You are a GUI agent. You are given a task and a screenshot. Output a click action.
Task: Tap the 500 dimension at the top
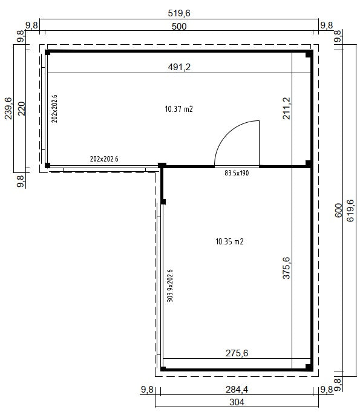[x=179, y=25]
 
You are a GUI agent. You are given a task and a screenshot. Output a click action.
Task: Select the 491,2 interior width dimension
[x=179, y=67]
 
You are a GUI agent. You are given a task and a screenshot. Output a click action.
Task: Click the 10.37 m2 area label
[x=178, y=109]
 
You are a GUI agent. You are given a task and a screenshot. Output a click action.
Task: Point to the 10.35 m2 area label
[x=229, y=241]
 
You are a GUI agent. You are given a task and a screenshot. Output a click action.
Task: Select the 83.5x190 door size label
[x=237, y=173]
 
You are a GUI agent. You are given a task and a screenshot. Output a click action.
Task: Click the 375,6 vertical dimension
[x=287, y=268]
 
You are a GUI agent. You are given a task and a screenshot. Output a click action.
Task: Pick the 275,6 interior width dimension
[x=237, y=352]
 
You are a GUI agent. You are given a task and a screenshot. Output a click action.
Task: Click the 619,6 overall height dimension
[x=351, y=211]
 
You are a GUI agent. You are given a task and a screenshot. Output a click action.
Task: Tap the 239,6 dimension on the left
[x=8, y=109]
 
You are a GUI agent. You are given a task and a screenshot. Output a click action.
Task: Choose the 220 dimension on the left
[x=22, y=109]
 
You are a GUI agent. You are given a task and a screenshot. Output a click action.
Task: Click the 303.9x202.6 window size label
[x=170, y=286]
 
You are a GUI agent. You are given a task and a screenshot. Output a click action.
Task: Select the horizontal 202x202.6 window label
[x=104, y=159]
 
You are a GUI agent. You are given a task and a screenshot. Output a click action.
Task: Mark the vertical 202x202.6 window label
[x=54, y=109]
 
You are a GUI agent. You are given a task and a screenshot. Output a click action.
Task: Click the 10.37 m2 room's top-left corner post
[x=47, y=53]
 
